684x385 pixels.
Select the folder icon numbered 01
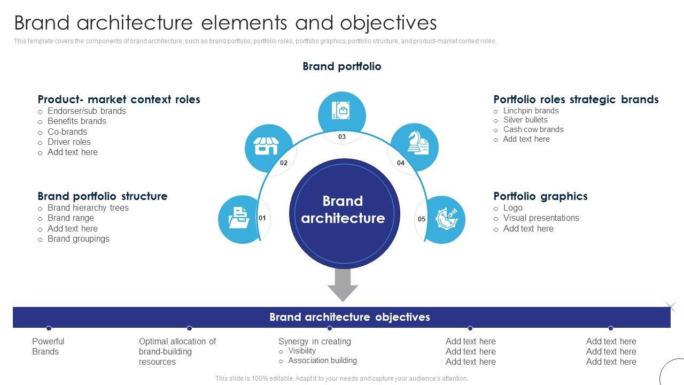point(238,219)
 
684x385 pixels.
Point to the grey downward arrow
point(343,284)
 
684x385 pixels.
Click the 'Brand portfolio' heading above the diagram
point(342,66)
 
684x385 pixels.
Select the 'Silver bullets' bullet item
point(525,120)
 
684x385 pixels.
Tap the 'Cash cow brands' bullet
point(533,129)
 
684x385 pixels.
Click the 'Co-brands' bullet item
point(67,132)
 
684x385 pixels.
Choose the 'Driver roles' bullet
point(69,142)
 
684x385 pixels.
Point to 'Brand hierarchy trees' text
point(88,208)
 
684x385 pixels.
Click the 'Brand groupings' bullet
point(79,239)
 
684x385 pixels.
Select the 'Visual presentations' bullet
point(541,218)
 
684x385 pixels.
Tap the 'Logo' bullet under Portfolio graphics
point(513,208)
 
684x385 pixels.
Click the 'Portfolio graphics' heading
point(540,196)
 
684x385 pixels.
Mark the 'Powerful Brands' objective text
point(48,346)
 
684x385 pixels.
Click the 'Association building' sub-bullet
point(322,360)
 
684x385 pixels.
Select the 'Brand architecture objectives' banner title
point(349,317)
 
